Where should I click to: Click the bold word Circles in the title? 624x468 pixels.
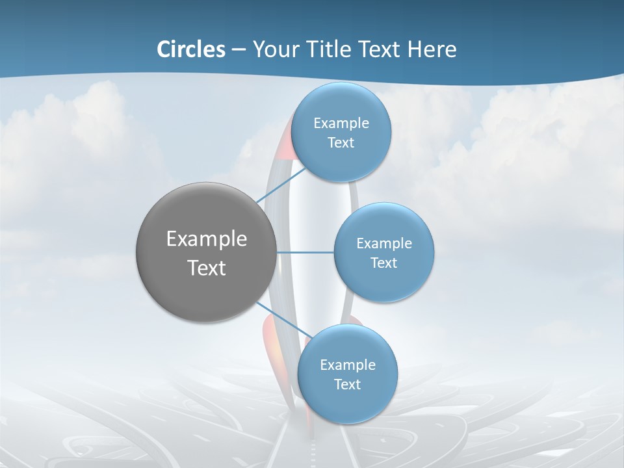[x=190, y=49]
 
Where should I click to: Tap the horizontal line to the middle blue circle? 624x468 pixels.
[x=305, y=252]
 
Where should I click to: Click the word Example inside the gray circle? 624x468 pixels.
[x=206, y=239]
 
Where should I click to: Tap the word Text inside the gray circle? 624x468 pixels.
[x=206, y=268]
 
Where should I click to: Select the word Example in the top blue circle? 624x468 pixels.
[x=341, y=123]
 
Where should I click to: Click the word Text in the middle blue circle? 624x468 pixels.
[x=384, y=263]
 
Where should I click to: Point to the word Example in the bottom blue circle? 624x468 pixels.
[x=347, y=365]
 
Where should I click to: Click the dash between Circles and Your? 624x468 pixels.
[x=239, y=50]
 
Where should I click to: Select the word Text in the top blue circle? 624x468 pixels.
[x=341, y=143]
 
